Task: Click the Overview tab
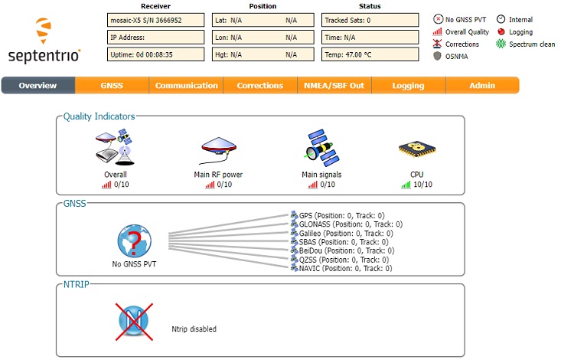point(38,86)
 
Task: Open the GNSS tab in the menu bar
point(112,86)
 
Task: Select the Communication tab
point(186,86)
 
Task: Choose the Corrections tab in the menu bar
point(259,86)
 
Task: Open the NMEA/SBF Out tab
point(334,86)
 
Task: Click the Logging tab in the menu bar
point(408,86)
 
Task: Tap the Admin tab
point(482,86)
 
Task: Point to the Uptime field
point(155,54)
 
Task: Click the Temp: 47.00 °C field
point(370,54)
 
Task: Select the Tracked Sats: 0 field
point(370,20)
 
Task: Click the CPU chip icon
point(416,150)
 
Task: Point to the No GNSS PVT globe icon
point(133,241)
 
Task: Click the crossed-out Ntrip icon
point(133,319)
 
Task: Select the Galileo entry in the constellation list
point(340,233)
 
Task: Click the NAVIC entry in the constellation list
point(340,268)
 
